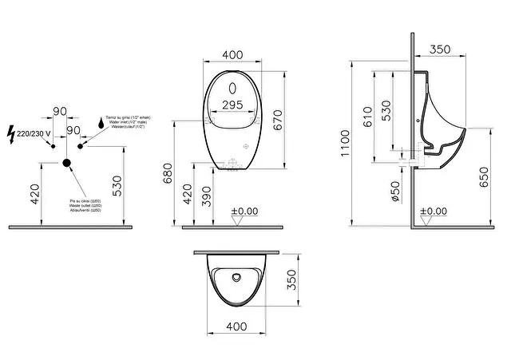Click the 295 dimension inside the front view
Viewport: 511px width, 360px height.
[232, 105]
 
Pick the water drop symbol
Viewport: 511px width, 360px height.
[101, 122]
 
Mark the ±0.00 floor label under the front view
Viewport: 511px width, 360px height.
[244, 211]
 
